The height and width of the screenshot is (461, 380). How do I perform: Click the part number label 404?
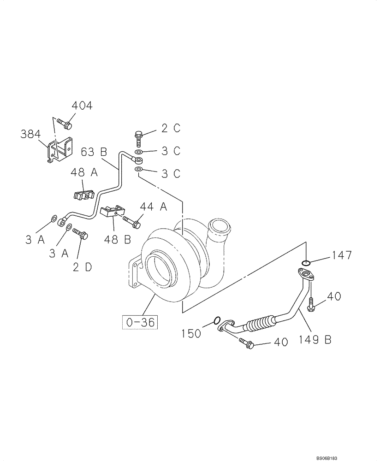click(82, 106)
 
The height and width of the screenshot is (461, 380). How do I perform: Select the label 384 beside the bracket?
click(31, 134)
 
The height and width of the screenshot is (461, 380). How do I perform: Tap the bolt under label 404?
click(67, 124)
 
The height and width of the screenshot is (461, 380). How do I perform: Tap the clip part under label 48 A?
click(83, 195)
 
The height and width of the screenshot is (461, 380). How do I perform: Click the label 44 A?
click(153, 207)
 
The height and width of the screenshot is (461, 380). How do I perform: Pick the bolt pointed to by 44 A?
click(131, 222)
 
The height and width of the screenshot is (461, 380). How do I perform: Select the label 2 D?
click(83, 267)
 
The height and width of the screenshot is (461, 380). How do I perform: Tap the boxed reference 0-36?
click(140, 322)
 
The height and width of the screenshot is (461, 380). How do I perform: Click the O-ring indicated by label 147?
click(305, 263)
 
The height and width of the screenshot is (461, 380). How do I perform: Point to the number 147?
click(342, 255)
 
